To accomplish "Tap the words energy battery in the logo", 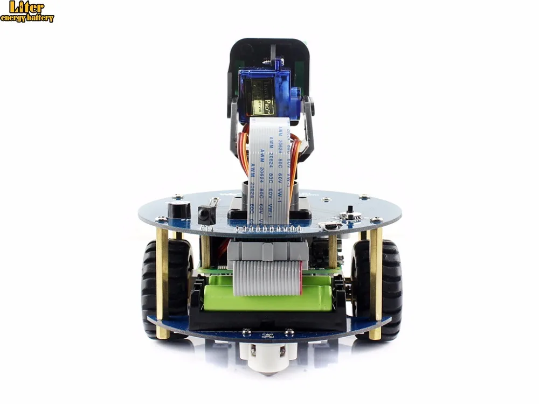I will point(27,18).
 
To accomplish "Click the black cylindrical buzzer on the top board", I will point(179,210).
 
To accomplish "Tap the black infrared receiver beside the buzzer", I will point(206,214).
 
